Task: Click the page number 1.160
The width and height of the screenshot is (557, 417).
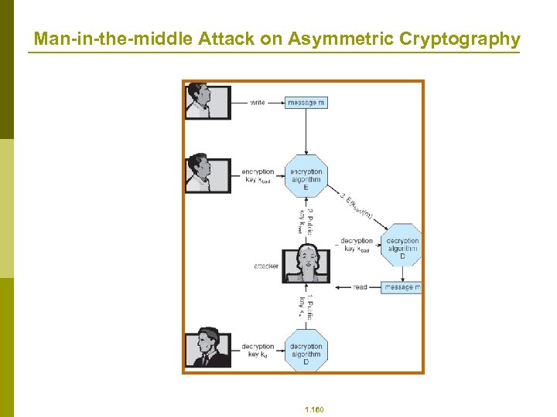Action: point(314,409)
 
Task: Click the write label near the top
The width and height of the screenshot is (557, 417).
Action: point(258,102)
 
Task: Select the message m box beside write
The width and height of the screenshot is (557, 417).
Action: point(306,102)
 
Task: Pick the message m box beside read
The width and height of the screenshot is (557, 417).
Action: point(402,287)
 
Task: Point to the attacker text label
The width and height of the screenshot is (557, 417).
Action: point(266,266)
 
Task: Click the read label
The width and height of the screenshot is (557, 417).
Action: point(361,287)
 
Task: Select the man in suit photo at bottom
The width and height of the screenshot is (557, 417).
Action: point(207,349)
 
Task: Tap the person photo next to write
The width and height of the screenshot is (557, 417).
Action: point(207,100)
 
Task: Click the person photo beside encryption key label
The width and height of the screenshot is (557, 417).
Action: point(207,175)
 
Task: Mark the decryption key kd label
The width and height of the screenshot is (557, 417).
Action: point(258,351)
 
